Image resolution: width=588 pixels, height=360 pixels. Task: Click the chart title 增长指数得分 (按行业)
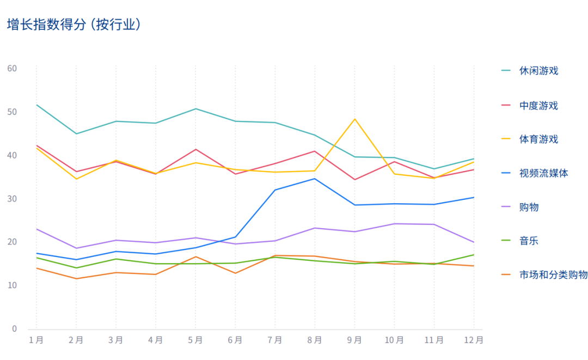pos(74,25)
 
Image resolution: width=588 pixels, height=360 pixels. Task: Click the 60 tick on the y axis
pos(12,69)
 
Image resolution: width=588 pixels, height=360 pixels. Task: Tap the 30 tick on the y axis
pos(12,199)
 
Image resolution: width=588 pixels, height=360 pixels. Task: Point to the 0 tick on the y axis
pos(14,329)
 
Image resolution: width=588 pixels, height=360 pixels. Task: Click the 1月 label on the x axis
pos(36,340)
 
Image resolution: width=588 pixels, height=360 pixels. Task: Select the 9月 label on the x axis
pos(354,340)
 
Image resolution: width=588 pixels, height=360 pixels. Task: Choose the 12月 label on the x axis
pos(473,340)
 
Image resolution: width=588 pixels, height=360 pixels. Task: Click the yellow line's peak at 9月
pos(354,119)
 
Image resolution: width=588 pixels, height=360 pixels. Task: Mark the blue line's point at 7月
pos(275,190)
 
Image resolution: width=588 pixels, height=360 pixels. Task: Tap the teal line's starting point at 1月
pos(36,105)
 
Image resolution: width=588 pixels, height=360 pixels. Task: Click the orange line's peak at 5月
pos(195,257)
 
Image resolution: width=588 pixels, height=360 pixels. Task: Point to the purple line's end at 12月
pos(474,242)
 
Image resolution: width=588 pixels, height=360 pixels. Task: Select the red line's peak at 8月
pos(315,151)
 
